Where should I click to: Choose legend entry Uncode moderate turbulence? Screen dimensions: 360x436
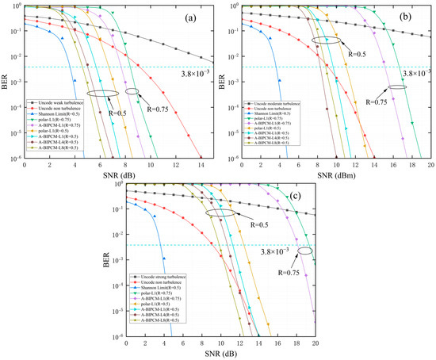(281, 101)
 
